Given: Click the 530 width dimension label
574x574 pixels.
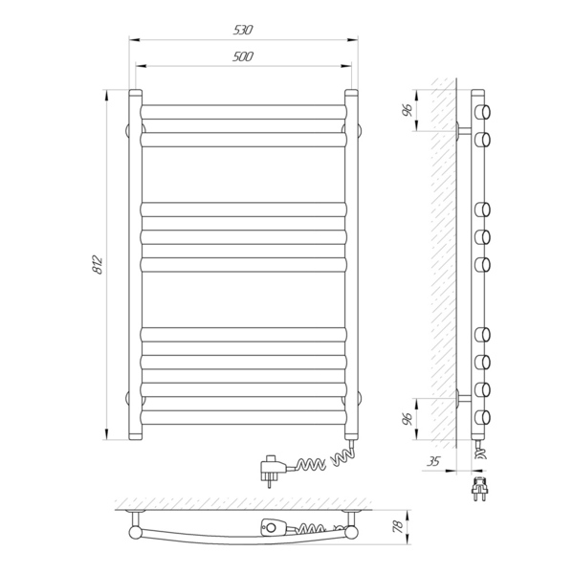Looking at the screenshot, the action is pyautogui.click(x=243, y=30).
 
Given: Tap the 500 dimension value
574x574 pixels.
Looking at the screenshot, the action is pyautogui.click(x=243, y=56).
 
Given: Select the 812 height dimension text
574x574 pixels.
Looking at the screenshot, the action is pyautogui.click(x=98, y=265).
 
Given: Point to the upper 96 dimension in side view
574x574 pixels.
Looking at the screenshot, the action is pyautogui.click(x=408, y=110).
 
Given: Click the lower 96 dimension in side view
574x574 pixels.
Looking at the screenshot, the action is pyautogui.click(x=408, y=418).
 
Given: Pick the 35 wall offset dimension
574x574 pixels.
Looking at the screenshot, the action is pyautogui.click(x=433, y=461).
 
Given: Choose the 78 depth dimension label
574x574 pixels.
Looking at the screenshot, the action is pyautogui.click(x=398, y=526).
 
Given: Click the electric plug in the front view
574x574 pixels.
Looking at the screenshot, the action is pyautogui.click(x=271, y=470).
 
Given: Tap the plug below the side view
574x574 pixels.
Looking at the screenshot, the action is pyautogui.click(x=479, y=489).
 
